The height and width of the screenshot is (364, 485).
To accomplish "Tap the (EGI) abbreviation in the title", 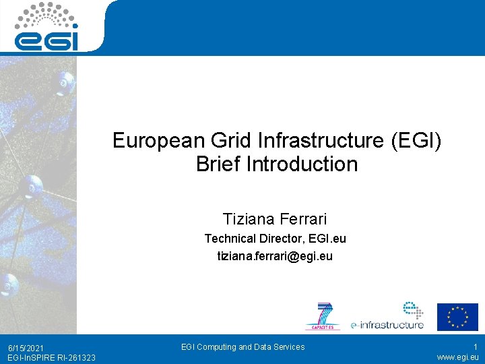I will coord(416,141).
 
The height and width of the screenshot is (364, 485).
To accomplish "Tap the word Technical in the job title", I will coord(230,239).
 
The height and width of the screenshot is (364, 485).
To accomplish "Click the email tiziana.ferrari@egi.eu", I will coord(275,256).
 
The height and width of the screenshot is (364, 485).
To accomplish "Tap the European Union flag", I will coord(457,317).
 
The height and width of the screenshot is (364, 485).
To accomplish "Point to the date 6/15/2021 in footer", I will coord(26,348).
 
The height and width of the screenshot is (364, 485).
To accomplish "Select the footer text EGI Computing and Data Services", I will coord(243,347).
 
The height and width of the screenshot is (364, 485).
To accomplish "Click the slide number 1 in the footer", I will coord(475,347).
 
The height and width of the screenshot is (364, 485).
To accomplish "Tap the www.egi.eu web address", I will coord(457,357).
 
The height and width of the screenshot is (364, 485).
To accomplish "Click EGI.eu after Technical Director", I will coord(326,239).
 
